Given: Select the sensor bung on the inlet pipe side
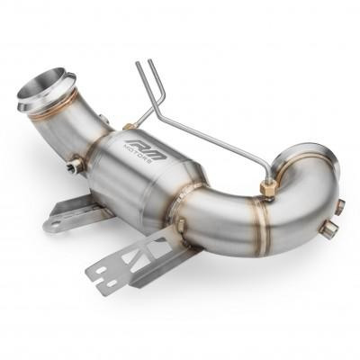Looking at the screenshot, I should tap(75, 165).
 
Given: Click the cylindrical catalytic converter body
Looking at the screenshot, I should tap(153, 175).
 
